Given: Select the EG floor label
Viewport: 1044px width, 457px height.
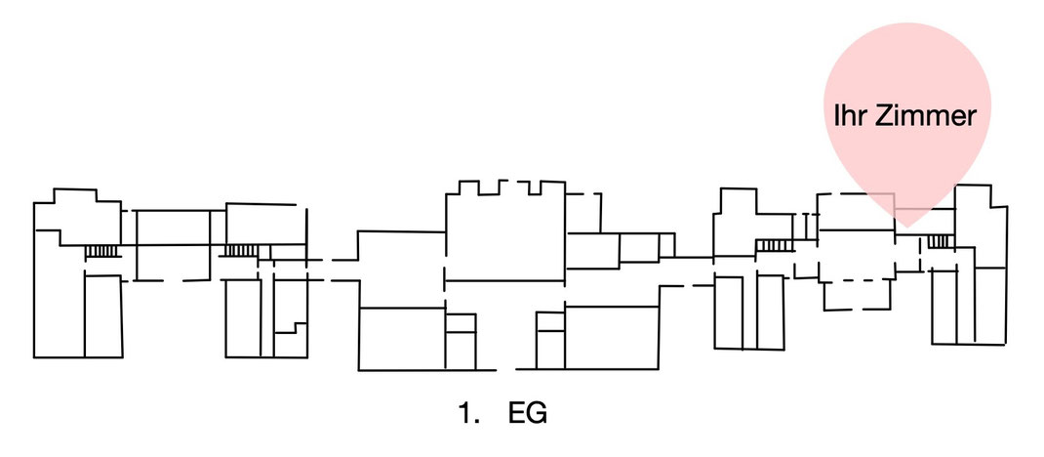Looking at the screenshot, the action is (x=527, y=413).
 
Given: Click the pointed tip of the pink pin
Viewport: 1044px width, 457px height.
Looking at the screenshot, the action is (x=906, y=228).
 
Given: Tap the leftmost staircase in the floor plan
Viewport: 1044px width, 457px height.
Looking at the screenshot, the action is (x=102, y=251).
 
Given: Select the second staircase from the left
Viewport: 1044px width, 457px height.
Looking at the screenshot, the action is (x=240, y=251).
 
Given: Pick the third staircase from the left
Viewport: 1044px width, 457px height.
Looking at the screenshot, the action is (x=774, y=246).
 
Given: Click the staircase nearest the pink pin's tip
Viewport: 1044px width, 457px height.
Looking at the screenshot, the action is (x=942, y=240).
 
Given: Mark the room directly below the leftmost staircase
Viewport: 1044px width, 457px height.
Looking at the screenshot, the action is (x=103, y=315).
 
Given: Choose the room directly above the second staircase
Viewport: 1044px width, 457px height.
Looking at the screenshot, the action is (x=261, y=224).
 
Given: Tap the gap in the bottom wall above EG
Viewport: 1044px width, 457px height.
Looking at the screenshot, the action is (x=506, y=370).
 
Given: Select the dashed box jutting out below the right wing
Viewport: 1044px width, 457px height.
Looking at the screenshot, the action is (x=857, y=296).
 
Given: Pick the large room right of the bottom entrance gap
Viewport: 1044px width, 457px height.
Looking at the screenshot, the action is (x=611, y=337).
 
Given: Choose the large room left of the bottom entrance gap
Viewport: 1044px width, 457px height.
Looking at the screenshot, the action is (x=402, y=339).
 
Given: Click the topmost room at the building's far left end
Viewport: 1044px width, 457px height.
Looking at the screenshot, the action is (x=77, y=217).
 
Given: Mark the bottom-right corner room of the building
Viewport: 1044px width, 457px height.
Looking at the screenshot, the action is (x=990, y=306).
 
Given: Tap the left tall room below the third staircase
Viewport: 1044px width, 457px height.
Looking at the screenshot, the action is (x=729, y=312).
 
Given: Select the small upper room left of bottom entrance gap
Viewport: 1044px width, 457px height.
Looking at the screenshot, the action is (x=461, y=322).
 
